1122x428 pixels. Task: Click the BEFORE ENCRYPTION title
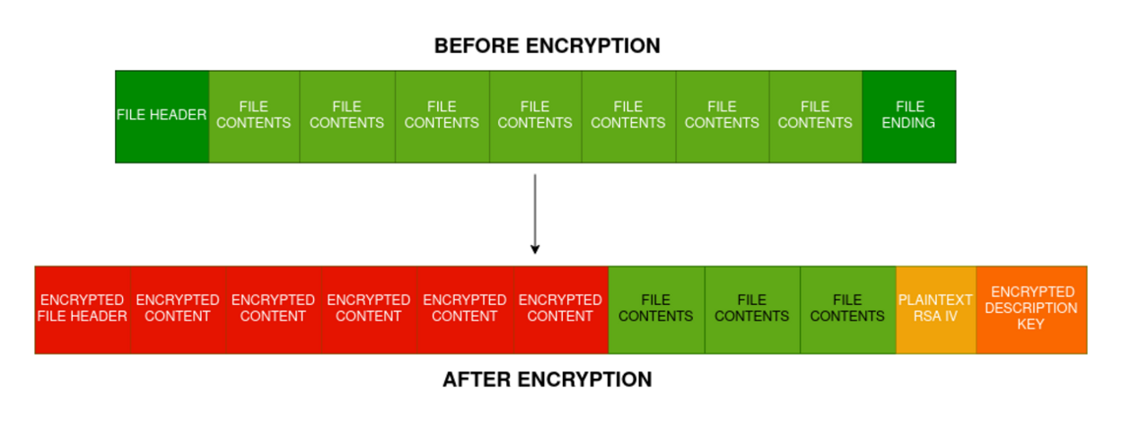[547, 46]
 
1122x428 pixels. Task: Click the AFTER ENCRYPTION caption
[547, 380]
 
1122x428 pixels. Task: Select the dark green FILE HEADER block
[162, 116]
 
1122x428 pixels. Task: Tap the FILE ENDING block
[908, 116]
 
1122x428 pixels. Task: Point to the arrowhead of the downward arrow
[535, 249]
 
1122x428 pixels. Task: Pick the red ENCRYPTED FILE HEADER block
[83, 309]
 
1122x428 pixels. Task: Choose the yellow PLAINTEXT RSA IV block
[935, 309]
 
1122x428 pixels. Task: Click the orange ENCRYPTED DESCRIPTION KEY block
[1030, 309]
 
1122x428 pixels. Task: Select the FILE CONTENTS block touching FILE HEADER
[254, 116]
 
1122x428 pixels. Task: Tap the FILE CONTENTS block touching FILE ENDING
[815, 116]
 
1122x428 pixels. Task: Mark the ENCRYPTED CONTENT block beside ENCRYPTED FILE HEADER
[178, 309]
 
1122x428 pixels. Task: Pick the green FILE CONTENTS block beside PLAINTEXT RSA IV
[847, 309]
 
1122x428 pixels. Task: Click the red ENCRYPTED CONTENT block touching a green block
[560, 309]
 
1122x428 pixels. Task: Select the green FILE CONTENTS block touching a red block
[656, 309]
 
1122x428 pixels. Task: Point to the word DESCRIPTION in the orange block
[1030, 308]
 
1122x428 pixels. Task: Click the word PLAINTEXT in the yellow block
[935, 300]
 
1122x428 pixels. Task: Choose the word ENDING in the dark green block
[908, 123]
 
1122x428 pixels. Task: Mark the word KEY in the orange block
[1030, 324]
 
